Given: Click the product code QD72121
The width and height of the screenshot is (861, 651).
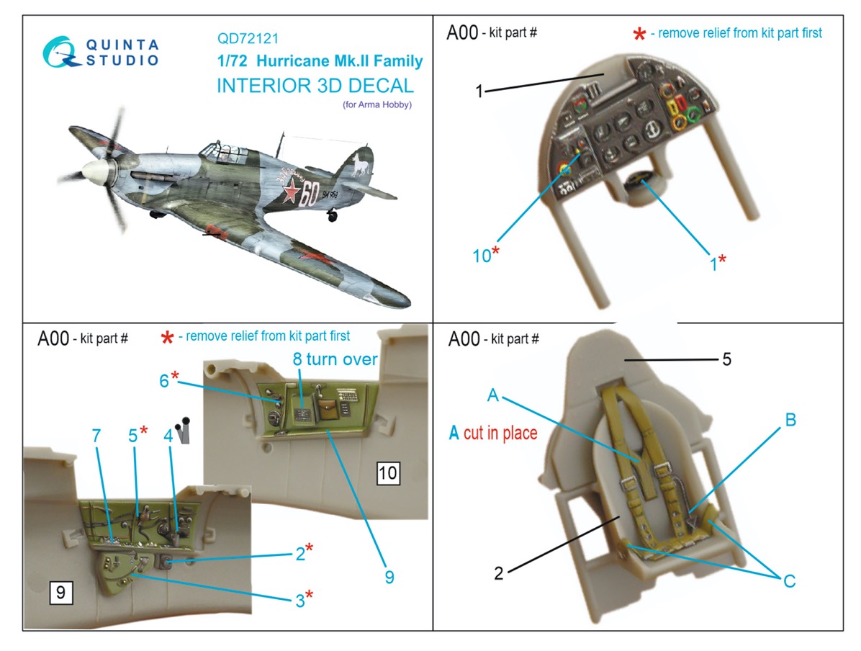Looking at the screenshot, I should pos(248,38).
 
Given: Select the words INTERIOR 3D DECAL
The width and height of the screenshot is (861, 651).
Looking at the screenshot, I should pos(315,86).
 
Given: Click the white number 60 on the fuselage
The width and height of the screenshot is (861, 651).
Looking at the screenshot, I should pos(308,194).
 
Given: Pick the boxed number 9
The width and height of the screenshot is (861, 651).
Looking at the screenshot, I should pos(60,592).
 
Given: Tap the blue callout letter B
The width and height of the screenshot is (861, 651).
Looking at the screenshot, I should pos(790,420).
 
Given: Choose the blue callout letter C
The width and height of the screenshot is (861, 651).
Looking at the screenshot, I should pos(789,580).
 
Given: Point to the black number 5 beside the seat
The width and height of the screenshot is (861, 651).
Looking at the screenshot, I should pos(726,359).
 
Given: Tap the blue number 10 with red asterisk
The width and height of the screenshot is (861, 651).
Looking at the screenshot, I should pos(485,254).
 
